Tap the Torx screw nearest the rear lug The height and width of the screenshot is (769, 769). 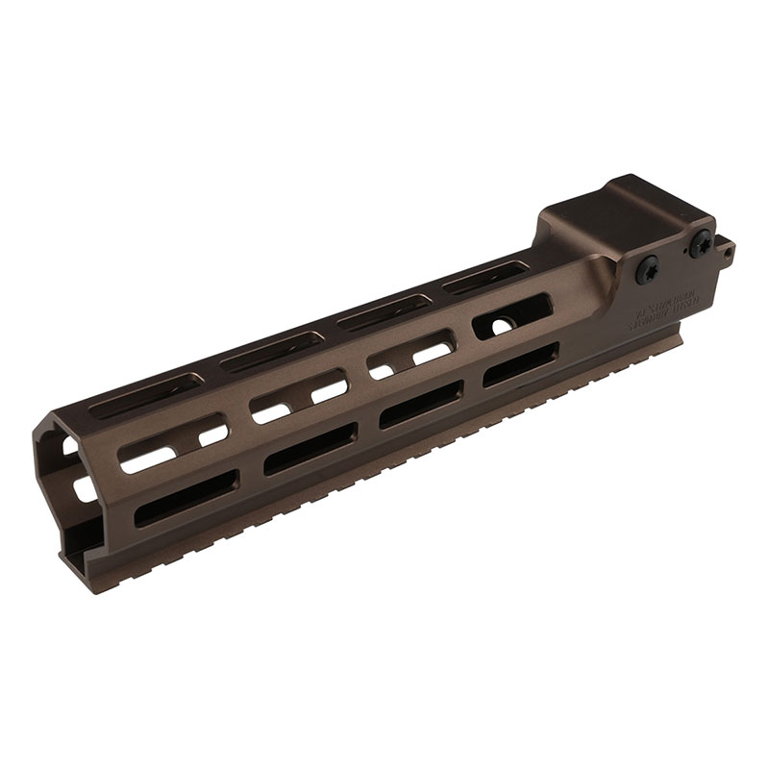tap(700, 243)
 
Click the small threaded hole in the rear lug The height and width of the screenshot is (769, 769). tap(728, 253)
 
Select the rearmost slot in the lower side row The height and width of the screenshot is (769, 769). tap(519, 365)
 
